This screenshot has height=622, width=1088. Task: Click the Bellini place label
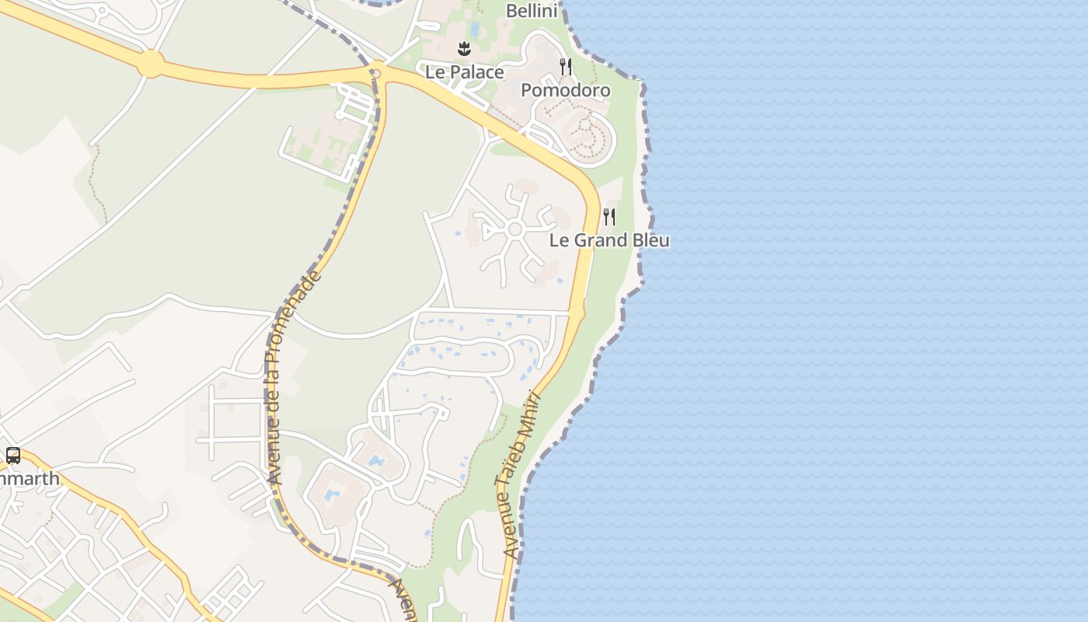pyautogui.click(x=532, y=10)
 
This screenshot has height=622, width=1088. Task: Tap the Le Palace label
pyautogui.click(x=464, y=72)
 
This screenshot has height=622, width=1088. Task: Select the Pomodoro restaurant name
pyautogui.click(x=565, y=90)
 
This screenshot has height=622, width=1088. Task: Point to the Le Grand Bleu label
pyautogui.click(x=609, y=239)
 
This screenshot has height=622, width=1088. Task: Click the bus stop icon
pyautogui.click(x=13, y=456)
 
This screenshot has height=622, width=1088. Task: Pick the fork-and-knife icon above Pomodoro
pyautogui.click(x=566, y=67)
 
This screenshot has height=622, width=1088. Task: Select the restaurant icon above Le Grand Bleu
pyautogui.click(x=609, y=216)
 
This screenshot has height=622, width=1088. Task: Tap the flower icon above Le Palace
pyautogui.click(x=464, y=49)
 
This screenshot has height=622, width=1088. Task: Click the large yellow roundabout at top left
pyautogui.click(x=151, y=64)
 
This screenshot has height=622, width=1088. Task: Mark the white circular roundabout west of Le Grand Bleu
pyautogui.click(x=514, y=229)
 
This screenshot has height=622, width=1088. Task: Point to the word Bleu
pyautogui.click(x=650, y=239)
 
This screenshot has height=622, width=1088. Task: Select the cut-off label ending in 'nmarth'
pyautogui.click(x=29, y=478)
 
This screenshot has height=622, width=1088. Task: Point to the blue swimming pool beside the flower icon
pyautogui.click(x=475, y=30)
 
